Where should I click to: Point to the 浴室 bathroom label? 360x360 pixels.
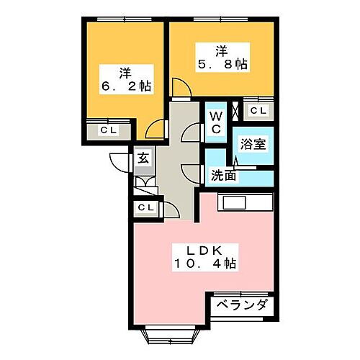tap(253, 143)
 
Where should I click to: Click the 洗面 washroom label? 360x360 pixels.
tap(223, 175)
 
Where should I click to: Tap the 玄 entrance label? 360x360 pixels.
tap(143, 159)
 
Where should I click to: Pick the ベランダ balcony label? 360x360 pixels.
tap(243, 305)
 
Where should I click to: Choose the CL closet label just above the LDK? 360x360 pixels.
tap(145, 208)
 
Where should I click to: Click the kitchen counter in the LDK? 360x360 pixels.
tap(246, 202)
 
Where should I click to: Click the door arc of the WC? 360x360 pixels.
tap(191, 133)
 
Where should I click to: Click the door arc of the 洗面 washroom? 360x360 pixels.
tap(191, 173)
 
